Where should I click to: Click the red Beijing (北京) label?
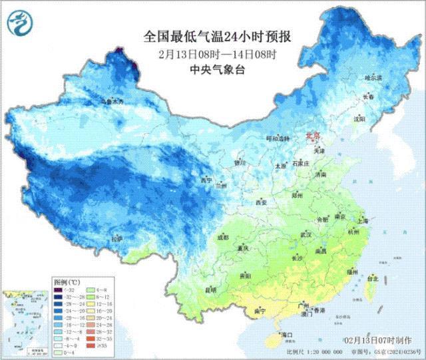313,136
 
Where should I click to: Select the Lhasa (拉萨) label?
117,238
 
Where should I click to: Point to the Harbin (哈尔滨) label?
374,78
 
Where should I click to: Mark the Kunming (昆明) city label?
211,290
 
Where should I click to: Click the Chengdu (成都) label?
222,236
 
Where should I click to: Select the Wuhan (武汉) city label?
306,235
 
